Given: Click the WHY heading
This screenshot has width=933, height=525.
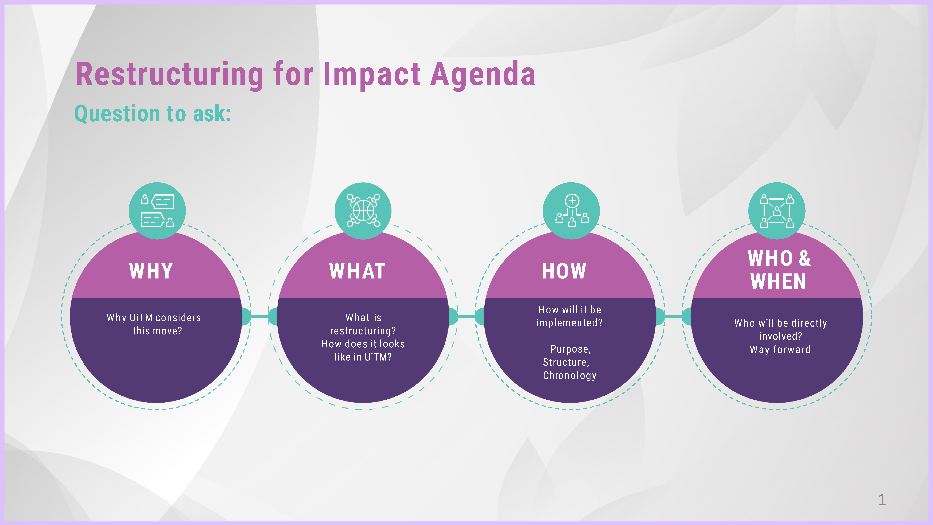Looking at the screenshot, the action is coord(151,271).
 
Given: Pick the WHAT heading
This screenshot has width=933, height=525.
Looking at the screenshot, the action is coord(357,271).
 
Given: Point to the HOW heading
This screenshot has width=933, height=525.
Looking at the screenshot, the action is coord(564,271).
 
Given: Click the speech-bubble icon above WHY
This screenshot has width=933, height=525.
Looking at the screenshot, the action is coord(157,211).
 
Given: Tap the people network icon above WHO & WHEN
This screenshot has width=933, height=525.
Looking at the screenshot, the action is coord(777,211).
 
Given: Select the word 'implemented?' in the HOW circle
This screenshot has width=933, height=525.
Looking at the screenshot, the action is coord(569,323).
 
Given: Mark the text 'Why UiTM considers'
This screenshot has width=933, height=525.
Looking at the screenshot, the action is coord(154,318).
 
